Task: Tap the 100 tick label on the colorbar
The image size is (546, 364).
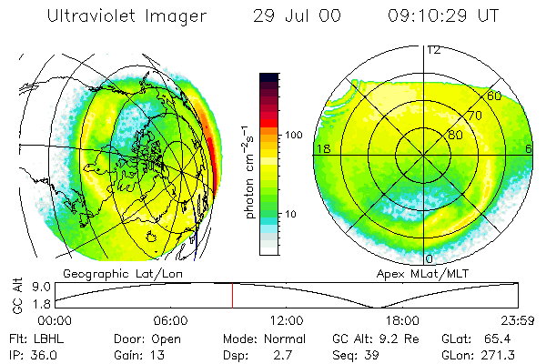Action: pyautogui.click(x=293, y=135)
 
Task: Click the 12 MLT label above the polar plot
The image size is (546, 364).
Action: pyautogui.click(x=433, y=49)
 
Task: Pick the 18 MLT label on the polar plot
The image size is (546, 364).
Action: pyautogui.click(x=321, y=147)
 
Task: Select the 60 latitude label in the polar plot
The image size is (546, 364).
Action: pyautogui.click(x=494, y=95)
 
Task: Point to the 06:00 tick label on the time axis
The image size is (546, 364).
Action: pyautogui.click(x=170, y=320)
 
